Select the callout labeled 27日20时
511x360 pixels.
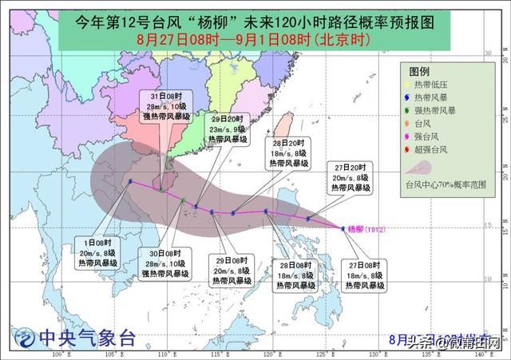coord(352,178)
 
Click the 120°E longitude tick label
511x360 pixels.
coord(269,353)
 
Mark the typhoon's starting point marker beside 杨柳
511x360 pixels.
coord(343,228)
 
